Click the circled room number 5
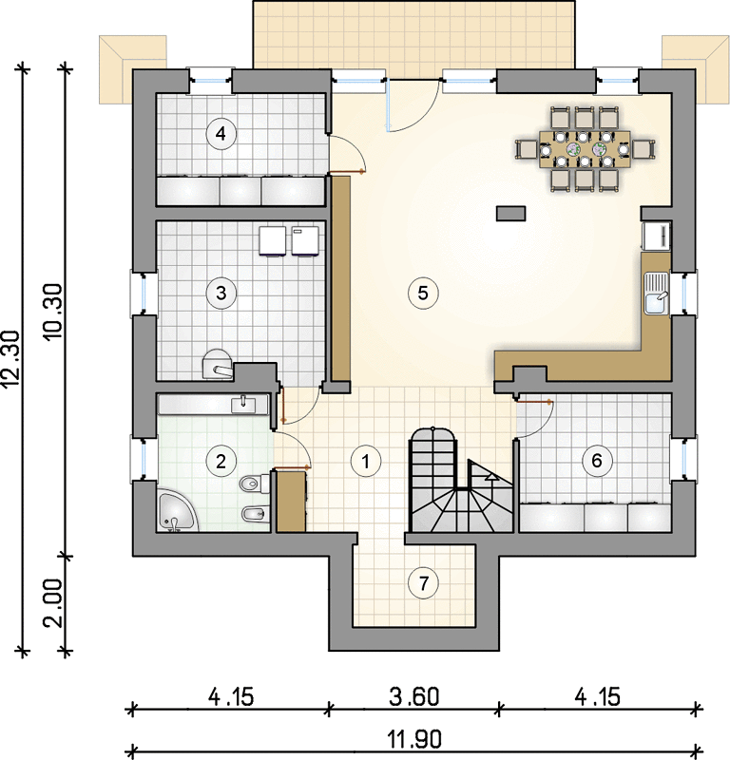[423, 293]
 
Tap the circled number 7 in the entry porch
[423, 583]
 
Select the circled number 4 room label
[221, 133]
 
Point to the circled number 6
[597, 460]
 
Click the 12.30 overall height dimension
[12, 359]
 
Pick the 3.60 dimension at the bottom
[413, 696]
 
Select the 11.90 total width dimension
[414, 740]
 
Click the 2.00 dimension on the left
[54, 603]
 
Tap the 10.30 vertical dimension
[54, 312]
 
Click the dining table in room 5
[585, 149]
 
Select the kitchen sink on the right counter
[657, 293]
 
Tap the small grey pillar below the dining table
[510, 213]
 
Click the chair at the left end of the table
[527, 149]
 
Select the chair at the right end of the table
[644, 149]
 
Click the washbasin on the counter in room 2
[243, 405]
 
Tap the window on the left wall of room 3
[144, 293]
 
